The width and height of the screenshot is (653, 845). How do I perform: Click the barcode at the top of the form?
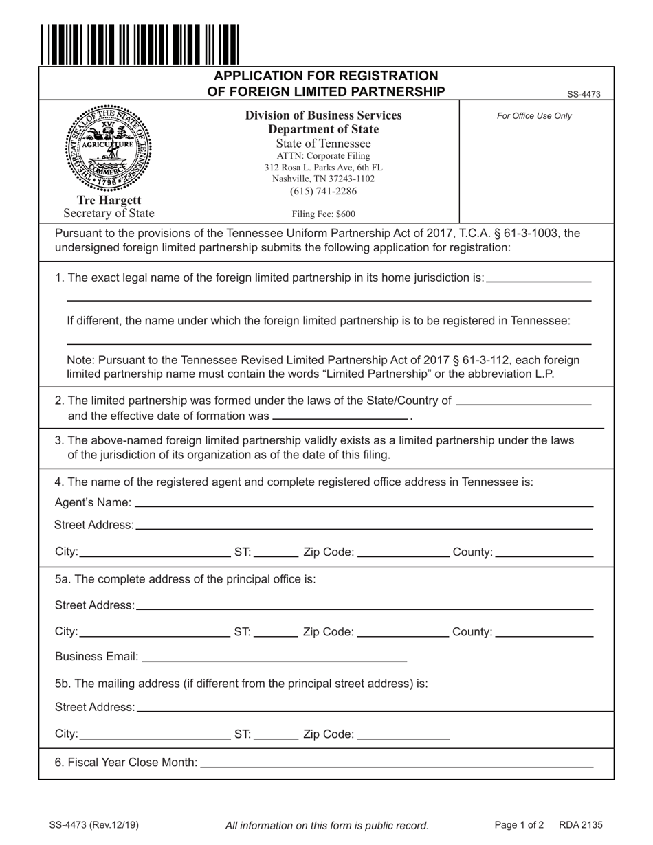click(x=140, y=43)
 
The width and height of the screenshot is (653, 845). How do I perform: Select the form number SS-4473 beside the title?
click(x=584, y=95)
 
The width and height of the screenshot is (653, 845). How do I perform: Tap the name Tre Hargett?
click(x=109, y=201)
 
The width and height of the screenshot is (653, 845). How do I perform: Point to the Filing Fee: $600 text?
click(x=323, y=214)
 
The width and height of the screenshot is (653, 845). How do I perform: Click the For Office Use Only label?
click(x=534, y=116)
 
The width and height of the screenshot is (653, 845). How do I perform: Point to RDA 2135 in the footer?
click(x=581, y=825)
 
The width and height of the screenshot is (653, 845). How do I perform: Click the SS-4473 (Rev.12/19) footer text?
click(x=93, y=825)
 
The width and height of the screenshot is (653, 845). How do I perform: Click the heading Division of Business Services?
click(x=323, y=115)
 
